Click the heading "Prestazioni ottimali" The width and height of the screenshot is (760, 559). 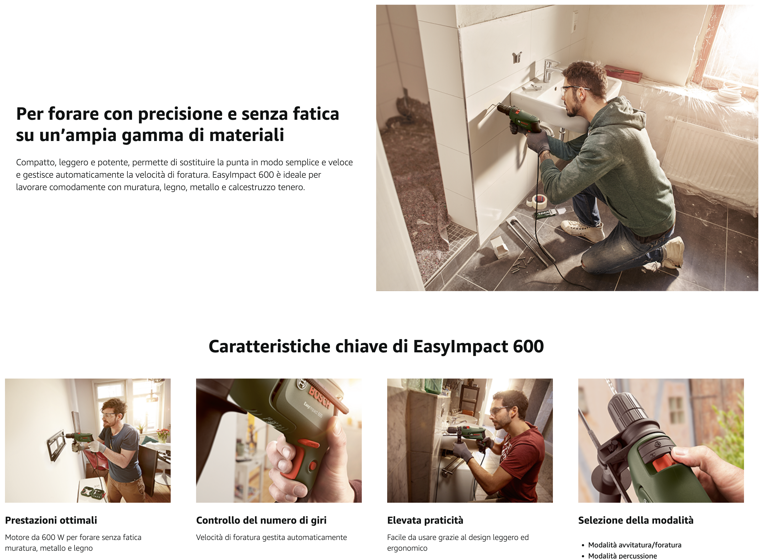pos(51,520)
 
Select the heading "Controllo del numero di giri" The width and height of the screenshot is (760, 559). pos(261,520)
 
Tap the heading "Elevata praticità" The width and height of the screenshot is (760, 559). pos(425,520)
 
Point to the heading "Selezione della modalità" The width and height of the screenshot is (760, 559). pos(636,520)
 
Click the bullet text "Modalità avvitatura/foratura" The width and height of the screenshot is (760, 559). pos(635,545)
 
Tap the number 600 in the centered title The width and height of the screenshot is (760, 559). pos(528,346)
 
